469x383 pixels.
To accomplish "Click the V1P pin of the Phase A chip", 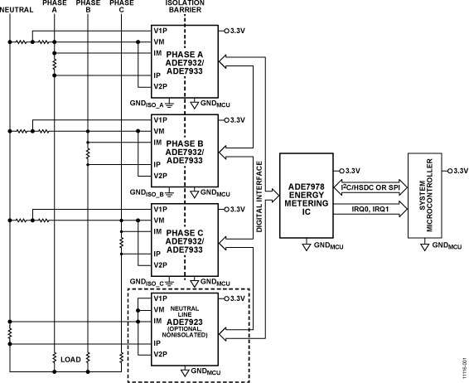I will pos(160,30).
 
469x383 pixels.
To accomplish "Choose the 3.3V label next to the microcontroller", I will pos(457,170).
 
